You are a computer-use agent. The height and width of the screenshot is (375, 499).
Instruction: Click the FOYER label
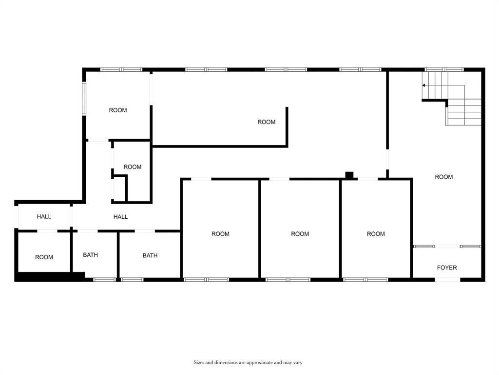tap(447, 268)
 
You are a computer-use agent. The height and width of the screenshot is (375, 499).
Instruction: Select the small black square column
tap(349, 175)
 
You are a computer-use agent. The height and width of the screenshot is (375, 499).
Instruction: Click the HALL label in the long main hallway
tap(120, 217)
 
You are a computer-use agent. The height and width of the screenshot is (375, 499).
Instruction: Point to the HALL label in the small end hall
tap(44, 217)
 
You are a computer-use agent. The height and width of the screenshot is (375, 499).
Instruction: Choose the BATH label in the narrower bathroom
tap(90, 255)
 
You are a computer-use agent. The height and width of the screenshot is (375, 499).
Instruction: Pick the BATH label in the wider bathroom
tap(150, 255)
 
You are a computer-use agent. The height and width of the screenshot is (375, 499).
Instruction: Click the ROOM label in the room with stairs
tap(443, 177)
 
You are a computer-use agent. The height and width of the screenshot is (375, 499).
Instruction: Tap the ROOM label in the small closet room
tap(132, 167)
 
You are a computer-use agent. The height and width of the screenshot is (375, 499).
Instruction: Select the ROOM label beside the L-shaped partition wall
tap(267, 122)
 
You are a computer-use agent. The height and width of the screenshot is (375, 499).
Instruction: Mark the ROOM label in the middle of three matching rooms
tap(300, 234)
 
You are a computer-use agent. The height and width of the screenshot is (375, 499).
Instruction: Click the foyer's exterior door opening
tap(447, 280)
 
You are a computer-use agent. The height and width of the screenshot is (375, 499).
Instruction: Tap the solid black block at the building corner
tap(49, 277)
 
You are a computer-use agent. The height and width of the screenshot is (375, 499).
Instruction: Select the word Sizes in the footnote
tap(199, 363)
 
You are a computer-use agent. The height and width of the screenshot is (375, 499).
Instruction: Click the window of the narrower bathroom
tap(104, 280)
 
